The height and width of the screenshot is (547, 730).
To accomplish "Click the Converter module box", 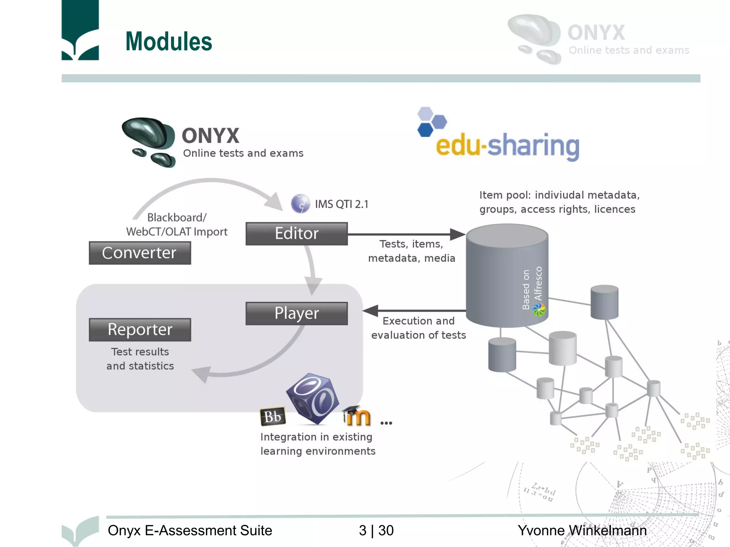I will click(140, 253).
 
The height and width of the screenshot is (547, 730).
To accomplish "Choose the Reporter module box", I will click(140, 330).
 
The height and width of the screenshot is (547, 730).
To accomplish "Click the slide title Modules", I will click(169, 42).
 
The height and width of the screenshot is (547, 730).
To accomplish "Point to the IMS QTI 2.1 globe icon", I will click(300, 204).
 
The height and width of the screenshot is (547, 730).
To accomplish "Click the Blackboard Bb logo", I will click(273, 416).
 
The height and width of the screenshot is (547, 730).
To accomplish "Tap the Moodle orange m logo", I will click(358, 416).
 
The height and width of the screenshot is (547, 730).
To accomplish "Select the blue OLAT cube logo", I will click(313, 398).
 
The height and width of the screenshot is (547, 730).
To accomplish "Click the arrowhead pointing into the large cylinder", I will click(458, 234).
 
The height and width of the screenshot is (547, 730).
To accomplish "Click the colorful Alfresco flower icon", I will click(539, 310).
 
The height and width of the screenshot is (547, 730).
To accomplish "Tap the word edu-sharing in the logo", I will click(508, 146).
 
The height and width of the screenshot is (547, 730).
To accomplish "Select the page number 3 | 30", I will click(376, 531).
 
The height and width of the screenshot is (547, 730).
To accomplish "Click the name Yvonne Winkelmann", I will click(582, 531).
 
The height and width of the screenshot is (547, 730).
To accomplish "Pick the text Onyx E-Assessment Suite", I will click(190, 531).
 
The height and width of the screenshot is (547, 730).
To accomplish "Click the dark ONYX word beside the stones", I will click(210, 136).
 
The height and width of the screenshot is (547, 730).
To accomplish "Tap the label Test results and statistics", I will click(140, 359).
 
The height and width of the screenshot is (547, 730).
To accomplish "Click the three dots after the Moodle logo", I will click(386, 423).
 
